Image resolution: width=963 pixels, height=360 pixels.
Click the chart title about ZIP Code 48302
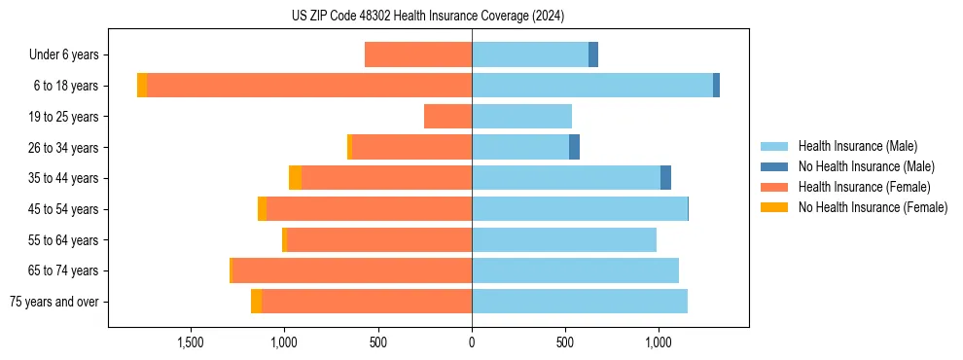coord(427,17)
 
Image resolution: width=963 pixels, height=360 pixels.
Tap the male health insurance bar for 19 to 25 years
coord(521,117)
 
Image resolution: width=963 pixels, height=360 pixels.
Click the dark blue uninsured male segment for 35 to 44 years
coord(665,178)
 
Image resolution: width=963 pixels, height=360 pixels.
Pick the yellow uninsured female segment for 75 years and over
coord(256,302)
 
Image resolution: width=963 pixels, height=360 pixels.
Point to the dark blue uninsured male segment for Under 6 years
coord(593,54)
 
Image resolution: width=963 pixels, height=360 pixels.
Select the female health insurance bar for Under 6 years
coord(418,54)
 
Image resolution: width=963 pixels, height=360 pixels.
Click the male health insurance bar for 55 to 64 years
coord(564,239)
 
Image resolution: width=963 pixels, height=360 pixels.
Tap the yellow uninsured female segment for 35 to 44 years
coord(295,178)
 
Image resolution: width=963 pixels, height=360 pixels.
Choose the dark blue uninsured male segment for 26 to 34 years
coord(574,147)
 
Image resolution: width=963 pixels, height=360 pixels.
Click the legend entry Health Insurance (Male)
coord(857,146)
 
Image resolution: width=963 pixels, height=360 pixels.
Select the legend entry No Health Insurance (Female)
coord(873,207)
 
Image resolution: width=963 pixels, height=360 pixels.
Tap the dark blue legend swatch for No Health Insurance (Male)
coord(774,166)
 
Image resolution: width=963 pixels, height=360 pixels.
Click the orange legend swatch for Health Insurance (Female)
coord(774,187)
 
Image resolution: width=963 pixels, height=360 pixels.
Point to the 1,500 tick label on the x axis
coord(191,342)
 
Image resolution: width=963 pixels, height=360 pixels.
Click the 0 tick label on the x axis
coord(472,342)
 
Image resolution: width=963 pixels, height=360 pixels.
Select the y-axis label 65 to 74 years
coord(64,270)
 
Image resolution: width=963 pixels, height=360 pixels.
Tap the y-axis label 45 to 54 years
coord(64,209)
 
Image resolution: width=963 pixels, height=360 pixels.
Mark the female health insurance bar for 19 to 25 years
coord(447,117)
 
